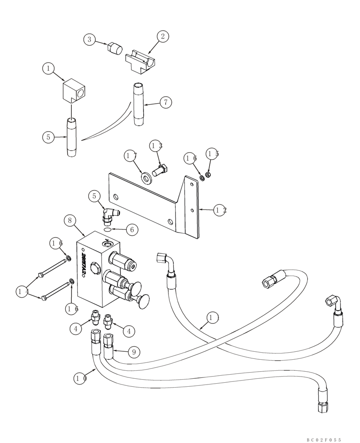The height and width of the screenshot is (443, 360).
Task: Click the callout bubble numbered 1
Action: (48, 69)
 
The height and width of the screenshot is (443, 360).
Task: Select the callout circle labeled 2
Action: (162, 36)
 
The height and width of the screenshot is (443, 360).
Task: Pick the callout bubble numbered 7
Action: (165, 102)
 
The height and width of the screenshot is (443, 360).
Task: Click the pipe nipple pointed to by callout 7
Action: (138, 105)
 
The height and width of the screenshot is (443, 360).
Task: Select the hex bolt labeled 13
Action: (160, 171)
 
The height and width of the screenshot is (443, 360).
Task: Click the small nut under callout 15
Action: (209, 174)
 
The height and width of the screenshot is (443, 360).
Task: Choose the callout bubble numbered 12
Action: (220, 210)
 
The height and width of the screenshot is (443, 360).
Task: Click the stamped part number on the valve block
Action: (84, 265)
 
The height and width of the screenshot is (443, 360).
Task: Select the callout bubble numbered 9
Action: (134, 352)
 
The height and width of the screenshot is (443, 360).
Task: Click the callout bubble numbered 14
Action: (22, 291)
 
